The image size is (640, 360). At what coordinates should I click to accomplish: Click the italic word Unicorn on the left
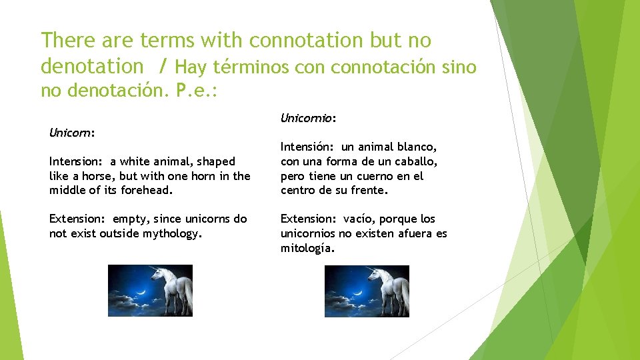pyautogui.click(x=70, y=133)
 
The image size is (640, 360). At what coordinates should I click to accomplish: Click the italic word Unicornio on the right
pyautogui.click(x=306, y=118)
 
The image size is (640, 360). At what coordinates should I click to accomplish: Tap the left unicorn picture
pyautogui.click(x=150, y=291)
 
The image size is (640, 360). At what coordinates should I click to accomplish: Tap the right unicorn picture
pyautogui.click(x=367, y=291)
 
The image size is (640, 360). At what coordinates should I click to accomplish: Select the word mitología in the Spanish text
pyautogui.click(x=307, y=248)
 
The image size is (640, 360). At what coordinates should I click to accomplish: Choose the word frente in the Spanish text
pyautogui.click(x=369, y=191)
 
